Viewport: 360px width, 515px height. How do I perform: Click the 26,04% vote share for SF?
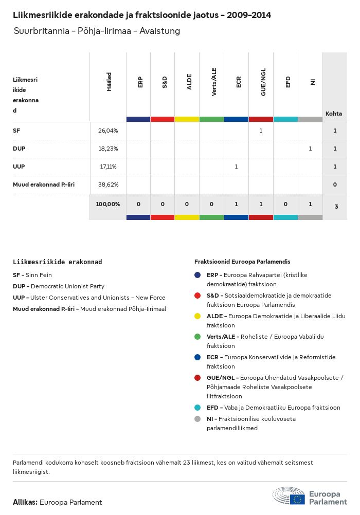108,131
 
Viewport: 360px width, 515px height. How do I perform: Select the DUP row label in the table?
19,149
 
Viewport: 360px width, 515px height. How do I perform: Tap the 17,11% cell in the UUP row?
108,167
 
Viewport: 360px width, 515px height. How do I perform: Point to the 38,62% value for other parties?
108,184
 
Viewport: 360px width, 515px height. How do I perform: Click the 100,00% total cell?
108,204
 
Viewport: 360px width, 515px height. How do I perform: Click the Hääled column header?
109,82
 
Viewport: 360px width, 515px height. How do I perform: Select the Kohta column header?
334,114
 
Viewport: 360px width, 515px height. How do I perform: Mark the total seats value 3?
336,207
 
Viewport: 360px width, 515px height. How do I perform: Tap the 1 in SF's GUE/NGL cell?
261,131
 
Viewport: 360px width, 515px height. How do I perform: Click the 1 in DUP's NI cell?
310,149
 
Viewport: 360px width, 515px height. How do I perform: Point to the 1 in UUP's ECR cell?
236,167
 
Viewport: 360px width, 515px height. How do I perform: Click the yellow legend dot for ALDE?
197,316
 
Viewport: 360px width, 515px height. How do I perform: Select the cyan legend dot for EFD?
197,408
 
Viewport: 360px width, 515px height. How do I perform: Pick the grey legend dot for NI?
197,419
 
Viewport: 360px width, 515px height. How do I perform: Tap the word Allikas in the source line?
25,502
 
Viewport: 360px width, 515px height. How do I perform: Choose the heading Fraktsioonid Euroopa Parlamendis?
242,262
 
